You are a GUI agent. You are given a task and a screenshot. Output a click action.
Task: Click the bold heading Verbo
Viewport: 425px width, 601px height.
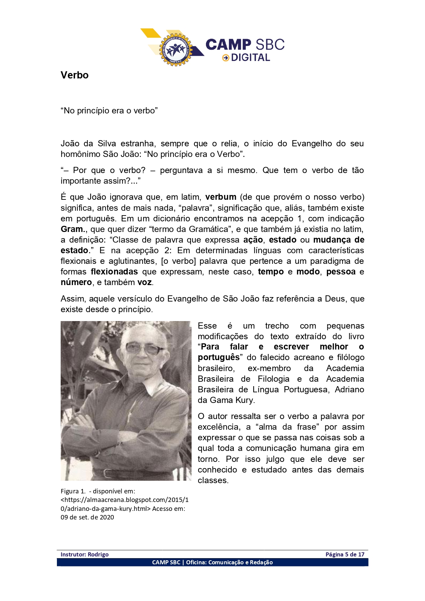pyautogui.click(x=74, y=75)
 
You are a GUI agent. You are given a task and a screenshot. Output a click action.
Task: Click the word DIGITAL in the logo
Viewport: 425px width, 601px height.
pyautogui.click(x=251, y=58)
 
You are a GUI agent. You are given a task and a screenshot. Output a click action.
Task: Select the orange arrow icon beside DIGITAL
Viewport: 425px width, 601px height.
pyautogui.click(x=226, y=58)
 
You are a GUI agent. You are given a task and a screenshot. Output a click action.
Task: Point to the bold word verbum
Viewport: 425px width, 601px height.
pyautogui.click(x=221, y=197)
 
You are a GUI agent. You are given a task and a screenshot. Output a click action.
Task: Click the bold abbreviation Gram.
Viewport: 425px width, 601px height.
pyautogui.click(x=72, y=229)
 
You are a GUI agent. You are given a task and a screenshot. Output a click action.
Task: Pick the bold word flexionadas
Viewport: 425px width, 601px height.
pyautogui.click(x=114, y=272)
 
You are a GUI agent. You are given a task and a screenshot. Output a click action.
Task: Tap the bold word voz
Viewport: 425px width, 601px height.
pyautogui.click(x=145, y=282)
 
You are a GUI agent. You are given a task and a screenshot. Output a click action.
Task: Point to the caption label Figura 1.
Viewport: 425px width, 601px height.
pyautogui.click(x=73, y=491)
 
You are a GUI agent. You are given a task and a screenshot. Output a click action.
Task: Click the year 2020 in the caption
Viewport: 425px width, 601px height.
pyautogui.click(x=107, y=517)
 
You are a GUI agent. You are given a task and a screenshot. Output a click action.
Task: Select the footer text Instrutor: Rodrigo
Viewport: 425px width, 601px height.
pyautogui.click(x=84, y=554)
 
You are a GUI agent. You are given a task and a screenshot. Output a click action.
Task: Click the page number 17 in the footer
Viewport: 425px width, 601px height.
pyautogui.click(x=361, y=554)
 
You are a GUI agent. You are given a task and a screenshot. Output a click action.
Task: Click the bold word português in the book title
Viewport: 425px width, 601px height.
pyautogui.click(x=219, y=357)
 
